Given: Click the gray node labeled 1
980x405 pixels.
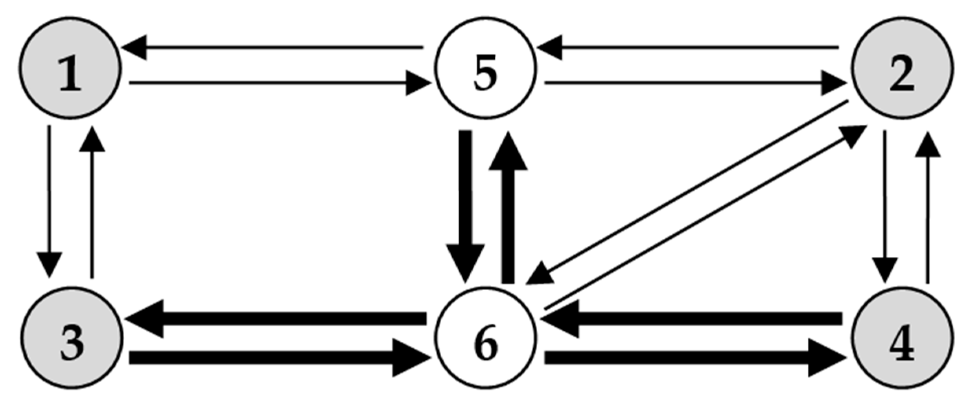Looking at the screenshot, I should pos(70,68).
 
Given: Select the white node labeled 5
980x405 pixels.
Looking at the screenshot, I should pos(485,68).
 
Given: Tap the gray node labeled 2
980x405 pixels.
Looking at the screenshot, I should pos(902,68).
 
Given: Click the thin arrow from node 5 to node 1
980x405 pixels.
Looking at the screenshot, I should pos(271,48).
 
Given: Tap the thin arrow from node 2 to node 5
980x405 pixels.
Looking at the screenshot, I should pos(688,48).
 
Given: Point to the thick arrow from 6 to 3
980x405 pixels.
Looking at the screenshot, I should pos(275,318).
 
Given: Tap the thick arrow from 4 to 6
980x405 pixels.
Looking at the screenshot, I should pos(692,318).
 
